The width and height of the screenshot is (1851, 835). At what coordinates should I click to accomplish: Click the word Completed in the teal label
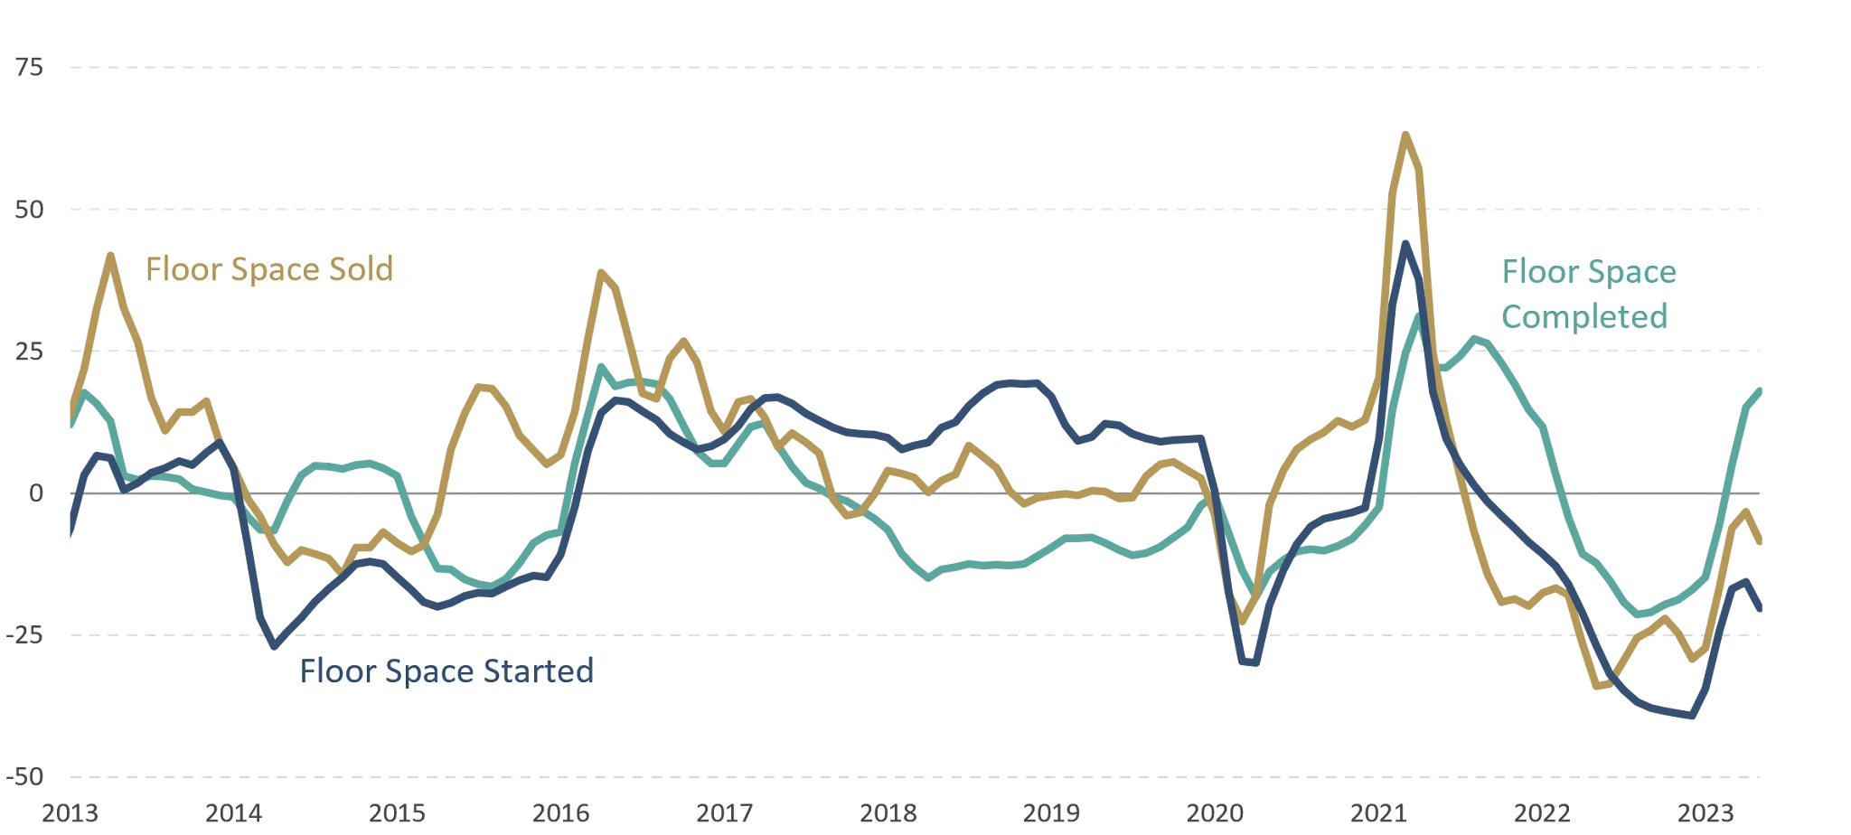pyautogui.click(x=1584, y=316)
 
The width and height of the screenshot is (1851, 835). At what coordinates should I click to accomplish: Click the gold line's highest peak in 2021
pyautogui.click(x=1405, y=136)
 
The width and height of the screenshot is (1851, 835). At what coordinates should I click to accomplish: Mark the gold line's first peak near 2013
pyautogui.click(x=111, y=254)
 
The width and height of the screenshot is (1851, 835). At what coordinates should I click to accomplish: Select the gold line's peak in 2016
pyautogui.click(x=604, y=272)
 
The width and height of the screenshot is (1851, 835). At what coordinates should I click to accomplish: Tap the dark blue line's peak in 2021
pyautogui.click(x=1405, y=244)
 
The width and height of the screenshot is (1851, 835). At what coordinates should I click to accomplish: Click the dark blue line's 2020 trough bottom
pyautogui.click(x=1250, y=664)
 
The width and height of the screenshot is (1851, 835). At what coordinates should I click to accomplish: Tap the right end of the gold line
pyautogui.click(x=1759, y=543)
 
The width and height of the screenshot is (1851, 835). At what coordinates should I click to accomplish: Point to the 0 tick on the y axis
pyautogui.click(x=34, y=493)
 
